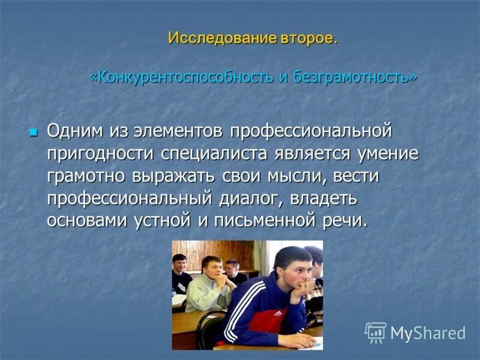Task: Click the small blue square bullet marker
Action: [x=34, y=130]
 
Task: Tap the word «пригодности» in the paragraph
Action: [x=100, y=152]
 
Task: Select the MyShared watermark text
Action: [x=428, y=333]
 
